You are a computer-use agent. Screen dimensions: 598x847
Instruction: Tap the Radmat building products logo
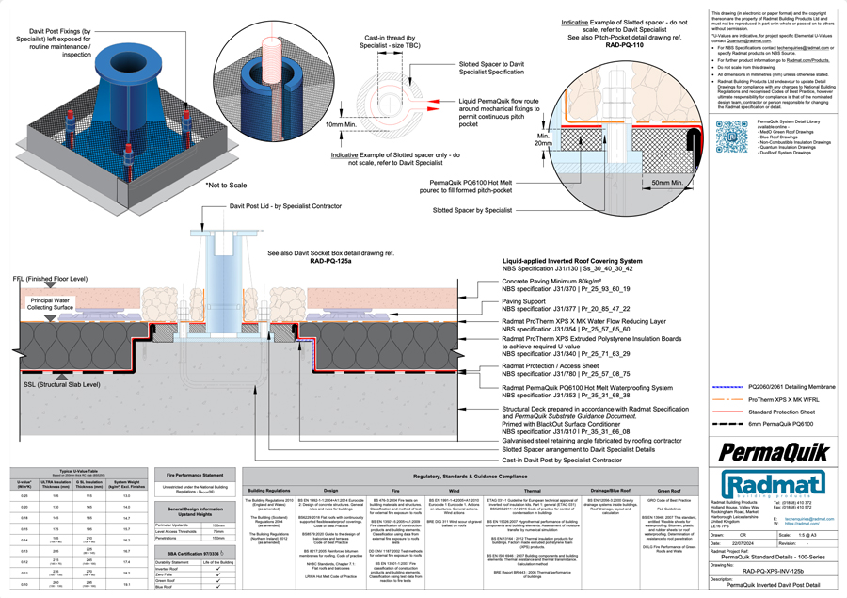[x=771, y=485]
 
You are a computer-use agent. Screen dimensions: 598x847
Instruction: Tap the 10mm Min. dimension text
[x=347, y=124]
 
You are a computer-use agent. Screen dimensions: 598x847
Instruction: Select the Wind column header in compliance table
[x=454, y=491]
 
